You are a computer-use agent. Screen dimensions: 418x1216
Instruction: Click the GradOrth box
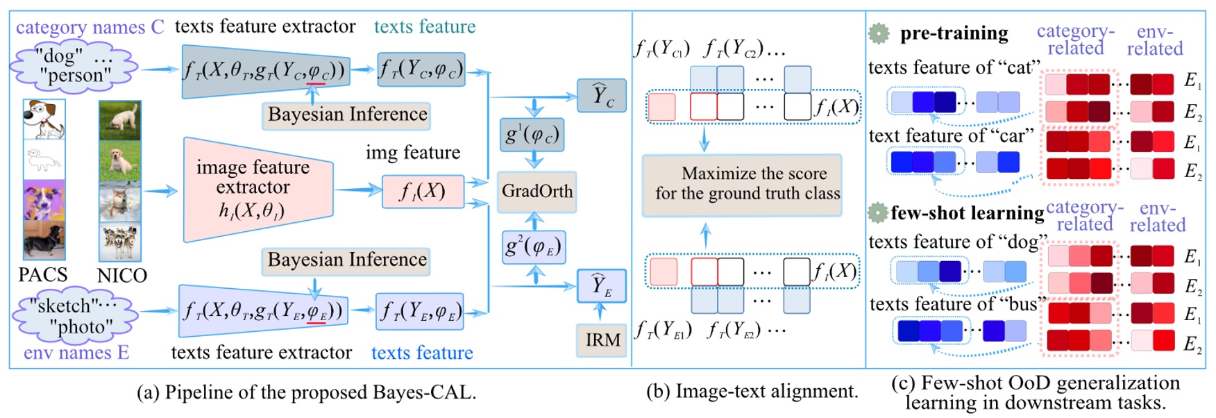click(x=537, y=192)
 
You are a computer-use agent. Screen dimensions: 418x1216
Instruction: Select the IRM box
click(x=602, y=340)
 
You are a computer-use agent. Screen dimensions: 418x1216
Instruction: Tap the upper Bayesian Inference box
click(x=346, y=115)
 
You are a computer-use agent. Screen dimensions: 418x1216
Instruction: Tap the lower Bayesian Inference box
click(x=346, y=260)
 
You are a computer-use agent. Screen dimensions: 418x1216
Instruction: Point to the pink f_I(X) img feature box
click(x=423, y=192)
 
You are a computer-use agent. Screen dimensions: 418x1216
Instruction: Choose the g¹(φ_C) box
click(x=532, y=135)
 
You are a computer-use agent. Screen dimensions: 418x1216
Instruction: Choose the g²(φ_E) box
click(x=533, y=247)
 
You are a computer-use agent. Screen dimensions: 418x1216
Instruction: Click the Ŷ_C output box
click(x=602, y=96)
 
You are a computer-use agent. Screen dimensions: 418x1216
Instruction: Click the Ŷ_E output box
click(x=602, y=285)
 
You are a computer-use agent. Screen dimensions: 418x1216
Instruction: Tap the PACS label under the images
click(x=43, y=275)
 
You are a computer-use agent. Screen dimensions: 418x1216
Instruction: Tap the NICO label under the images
click(x=122, y=276)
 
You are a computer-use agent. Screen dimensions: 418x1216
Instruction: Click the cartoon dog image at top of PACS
click(x=44, y=119)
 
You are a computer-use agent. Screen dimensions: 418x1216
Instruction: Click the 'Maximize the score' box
click(x=742, y=185)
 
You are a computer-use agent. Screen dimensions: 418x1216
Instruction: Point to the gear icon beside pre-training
click(x=879, y=33)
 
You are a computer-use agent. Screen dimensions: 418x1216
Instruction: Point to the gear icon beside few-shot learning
click(x=878, y=212)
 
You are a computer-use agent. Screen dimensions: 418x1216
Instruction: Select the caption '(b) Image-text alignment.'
click(x=752, y=392)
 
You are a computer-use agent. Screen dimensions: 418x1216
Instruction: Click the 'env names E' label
click(x=76, y=353)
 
